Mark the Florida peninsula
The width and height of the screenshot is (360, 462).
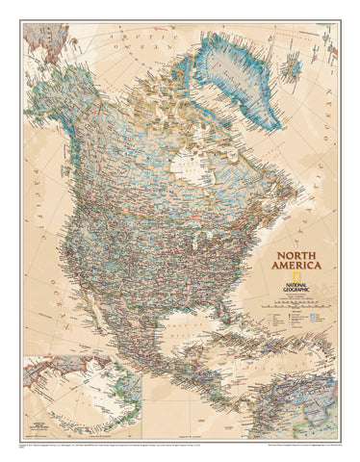(219, 322)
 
